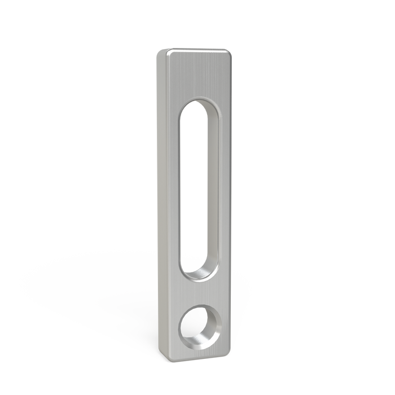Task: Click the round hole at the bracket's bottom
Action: pyautogui.click(x=198, y=327)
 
